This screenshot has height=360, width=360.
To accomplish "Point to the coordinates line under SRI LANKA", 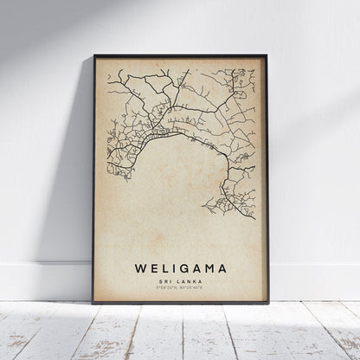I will coord(180,289).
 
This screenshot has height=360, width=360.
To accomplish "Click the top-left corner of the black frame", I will coord(93,56).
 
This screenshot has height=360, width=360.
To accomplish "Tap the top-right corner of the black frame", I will coord(267,56).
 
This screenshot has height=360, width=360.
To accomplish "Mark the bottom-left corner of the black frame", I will coord(93,303).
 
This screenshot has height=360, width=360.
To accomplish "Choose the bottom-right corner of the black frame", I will coord(267,303).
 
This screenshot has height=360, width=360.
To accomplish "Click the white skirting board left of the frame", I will coord(43,281).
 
